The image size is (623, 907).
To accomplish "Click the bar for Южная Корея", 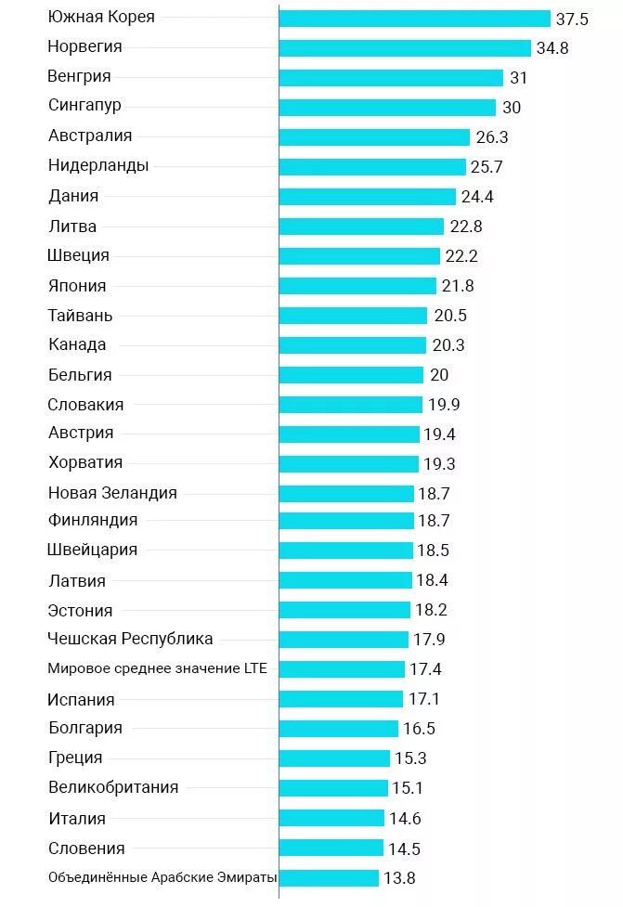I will [414, 19].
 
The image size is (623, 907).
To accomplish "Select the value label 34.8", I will [552, 48].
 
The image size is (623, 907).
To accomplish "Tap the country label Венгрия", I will [79, 76].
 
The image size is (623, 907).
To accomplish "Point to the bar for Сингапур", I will [387, 108].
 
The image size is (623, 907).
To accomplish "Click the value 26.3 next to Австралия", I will [491, 137].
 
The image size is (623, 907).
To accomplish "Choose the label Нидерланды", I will [98, 166].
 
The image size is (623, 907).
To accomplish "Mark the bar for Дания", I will [367, 197].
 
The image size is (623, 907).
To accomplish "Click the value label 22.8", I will [465, 227].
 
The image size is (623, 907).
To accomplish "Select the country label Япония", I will [77, 286].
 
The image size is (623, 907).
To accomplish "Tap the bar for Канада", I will [353, 345].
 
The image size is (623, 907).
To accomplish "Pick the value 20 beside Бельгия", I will [438, 375].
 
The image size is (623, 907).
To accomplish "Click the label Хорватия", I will [85, 462].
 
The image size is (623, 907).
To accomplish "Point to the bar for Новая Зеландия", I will [346, 494].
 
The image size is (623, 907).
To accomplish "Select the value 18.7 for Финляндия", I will [434, 521].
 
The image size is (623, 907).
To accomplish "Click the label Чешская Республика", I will [130, 639].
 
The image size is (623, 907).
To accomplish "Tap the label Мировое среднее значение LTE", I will [157, 667].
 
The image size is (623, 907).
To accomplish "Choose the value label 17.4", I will [425, 669].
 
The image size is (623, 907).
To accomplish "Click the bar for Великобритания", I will [333, 788].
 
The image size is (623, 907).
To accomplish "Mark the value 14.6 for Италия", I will [405, 819].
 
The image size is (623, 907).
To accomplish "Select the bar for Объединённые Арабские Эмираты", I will [329, 878].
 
